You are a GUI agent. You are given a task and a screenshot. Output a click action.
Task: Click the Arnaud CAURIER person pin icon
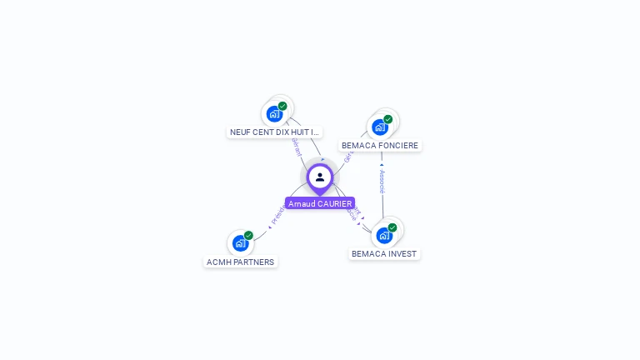click(x=320, y=177)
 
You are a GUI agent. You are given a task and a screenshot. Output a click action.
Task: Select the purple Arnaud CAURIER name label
click(x=320, y=203)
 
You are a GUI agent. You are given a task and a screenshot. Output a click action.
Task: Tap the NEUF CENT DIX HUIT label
click(x=274, y=132)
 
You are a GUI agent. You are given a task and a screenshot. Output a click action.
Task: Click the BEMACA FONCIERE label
click(x=380, y=145)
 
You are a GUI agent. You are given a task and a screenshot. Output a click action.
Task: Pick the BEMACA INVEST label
click(x=384, y=253)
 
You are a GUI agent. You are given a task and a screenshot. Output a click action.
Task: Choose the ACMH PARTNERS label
click(x=240, y=262)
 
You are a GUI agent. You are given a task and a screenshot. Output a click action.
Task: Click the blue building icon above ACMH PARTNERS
click(x=240, y=243)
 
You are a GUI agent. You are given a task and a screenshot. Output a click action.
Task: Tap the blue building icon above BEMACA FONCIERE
click(x=379, y=127)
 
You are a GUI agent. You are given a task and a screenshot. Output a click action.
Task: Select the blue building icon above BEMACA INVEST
click(x=383, y=235)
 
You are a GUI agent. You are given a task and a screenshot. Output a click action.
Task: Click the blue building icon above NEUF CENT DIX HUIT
click(x=273, y=114)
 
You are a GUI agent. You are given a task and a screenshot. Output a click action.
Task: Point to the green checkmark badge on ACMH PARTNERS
click(x=248, y=236)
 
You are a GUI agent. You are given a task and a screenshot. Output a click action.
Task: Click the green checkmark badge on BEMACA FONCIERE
click(x=387, y=119)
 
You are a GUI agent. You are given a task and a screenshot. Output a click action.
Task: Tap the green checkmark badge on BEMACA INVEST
click(x=392, y=227)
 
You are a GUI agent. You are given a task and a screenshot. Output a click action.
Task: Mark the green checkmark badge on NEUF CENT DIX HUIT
click(x=282, y=106)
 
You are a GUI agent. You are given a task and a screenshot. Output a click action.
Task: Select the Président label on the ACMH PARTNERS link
click(x=277, y=215)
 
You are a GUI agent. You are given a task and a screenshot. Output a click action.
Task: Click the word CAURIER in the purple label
click(x=335, y=203)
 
